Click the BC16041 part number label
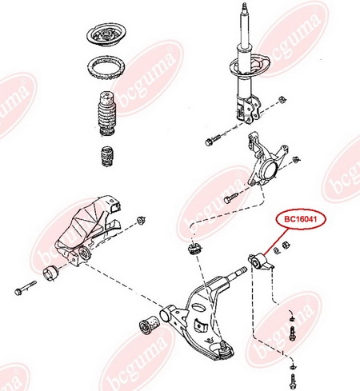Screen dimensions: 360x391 coord(301,219)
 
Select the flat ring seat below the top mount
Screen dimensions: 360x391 coord(106,70)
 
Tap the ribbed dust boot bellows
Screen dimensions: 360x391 coord(106,114)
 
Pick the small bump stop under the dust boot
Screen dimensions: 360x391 coord(107,156)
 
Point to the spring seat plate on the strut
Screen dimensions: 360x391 coord(250,66)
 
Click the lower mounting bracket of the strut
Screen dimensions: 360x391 coord(248,109)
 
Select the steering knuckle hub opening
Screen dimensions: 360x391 coord(268,171)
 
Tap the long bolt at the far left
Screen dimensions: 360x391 coord(26,288)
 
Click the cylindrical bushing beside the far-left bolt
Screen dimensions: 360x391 coord(50,273)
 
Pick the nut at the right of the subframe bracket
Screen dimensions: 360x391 coord(140,220)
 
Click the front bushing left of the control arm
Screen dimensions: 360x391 coord(149,325)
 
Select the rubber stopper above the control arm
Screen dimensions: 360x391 coord(195,249)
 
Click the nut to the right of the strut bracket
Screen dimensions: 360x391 coord(282,100)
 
